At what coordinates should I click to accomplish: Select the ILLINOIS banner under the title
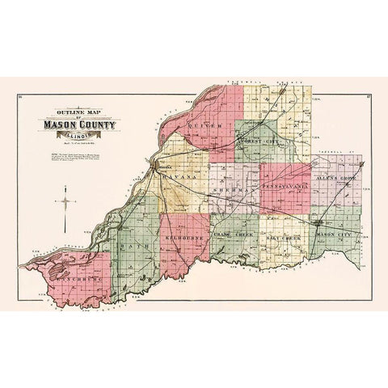click(x=78, y=136)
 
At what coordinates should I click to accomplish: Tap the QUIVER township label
click(x=198, y=126)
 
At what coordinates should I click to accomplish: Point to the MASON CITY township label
click(x=333, y=234)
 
